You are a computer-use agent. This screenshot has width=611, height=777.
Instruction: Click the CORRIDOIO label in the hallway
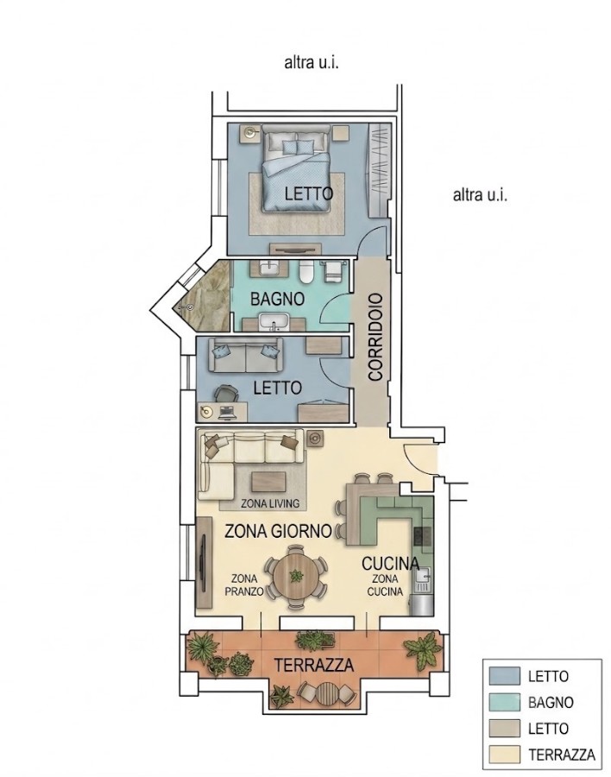pos(375,338)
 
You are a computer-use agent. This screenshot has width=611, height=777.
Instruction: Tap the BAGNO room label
pos(277,299)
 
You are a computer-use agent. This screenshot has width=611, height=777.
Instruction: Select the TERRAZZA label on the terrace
pos(314,665)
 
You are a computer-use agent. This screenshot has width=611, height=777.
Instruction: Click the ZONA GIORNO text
pos(278,531)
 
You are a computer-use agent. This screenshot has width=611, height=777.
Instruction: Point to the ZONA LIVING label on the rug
pos(270,503)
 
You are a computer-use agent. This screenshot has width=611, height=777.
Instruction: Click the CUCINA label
pos(390,564)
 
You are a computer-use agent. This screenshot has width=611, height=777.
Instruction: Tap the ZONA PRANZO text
pos(244,584)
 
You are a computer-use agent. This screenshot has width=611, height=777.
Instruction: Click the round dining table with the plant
pos(296,577)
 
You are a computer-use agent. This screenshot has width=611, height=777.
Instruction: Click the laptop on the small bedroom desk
pos(228,410)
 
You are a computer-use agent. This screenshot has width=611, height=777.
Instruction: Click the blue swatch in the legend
pos(505,675)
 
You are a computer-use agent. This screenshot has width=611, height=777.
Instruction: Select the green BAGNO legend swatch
pos(505,702)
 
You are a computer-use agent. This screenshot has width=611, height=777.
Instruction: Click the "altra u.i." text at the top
pos(312,63)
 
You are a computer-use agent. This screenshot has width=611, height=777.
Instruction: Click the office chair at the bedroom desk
pos(225,395)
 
